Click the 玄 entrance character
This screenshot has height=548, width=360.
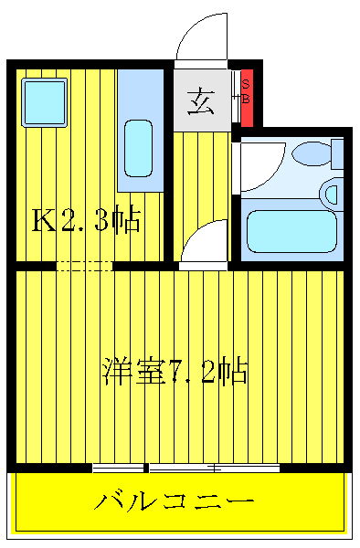click(201, 101)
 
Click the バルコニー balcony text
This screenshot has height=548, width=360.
click(174, 501)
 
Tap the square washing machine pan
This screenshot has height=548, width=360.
click(44, 99)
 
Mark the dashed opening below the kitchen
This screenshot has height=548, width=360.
click(84, 266)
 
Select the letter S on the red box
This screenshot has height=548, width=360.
click(245, 84)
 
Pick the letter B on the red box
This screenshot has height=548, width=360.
click(246, 98)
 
